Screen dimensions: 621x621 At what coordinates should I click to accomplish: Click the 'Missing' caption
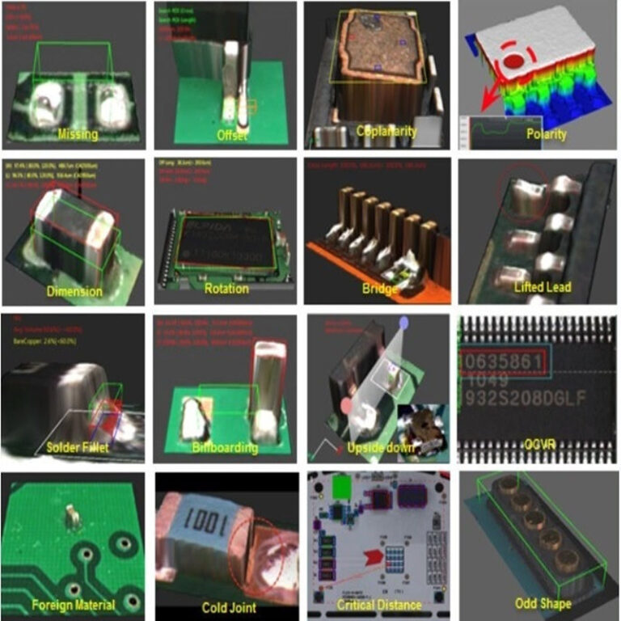78,134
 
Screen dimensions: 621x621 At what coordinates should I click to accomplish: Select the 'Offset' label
232,135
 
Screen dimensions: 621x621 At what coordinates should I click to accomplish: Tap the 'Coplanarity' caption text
386,131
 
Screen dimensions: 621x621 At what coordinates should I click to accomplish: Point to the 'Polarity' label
546,134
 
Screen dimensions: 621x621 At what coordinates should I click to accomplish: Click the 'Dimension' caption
74,291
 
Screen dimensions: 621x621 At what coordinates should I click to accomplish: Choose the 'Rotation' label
226,288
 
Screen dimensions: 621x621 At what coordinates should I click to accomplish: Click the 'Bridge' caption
380,289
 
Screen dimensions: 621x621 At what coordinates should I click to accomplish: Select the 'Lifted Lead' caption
543,286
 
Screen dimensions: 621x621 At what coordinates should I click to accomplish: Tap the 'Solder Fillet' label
78,447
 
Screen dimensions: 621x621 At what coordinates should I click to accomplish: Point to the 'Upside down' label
381,447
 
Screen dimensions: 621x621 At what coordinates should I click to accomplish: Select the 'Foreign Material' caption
74,604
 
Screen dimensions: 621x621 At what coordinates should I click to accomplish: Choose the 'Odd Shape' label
543,603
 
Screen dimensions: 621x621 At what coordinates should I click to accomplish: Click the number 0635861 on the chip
503,361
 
